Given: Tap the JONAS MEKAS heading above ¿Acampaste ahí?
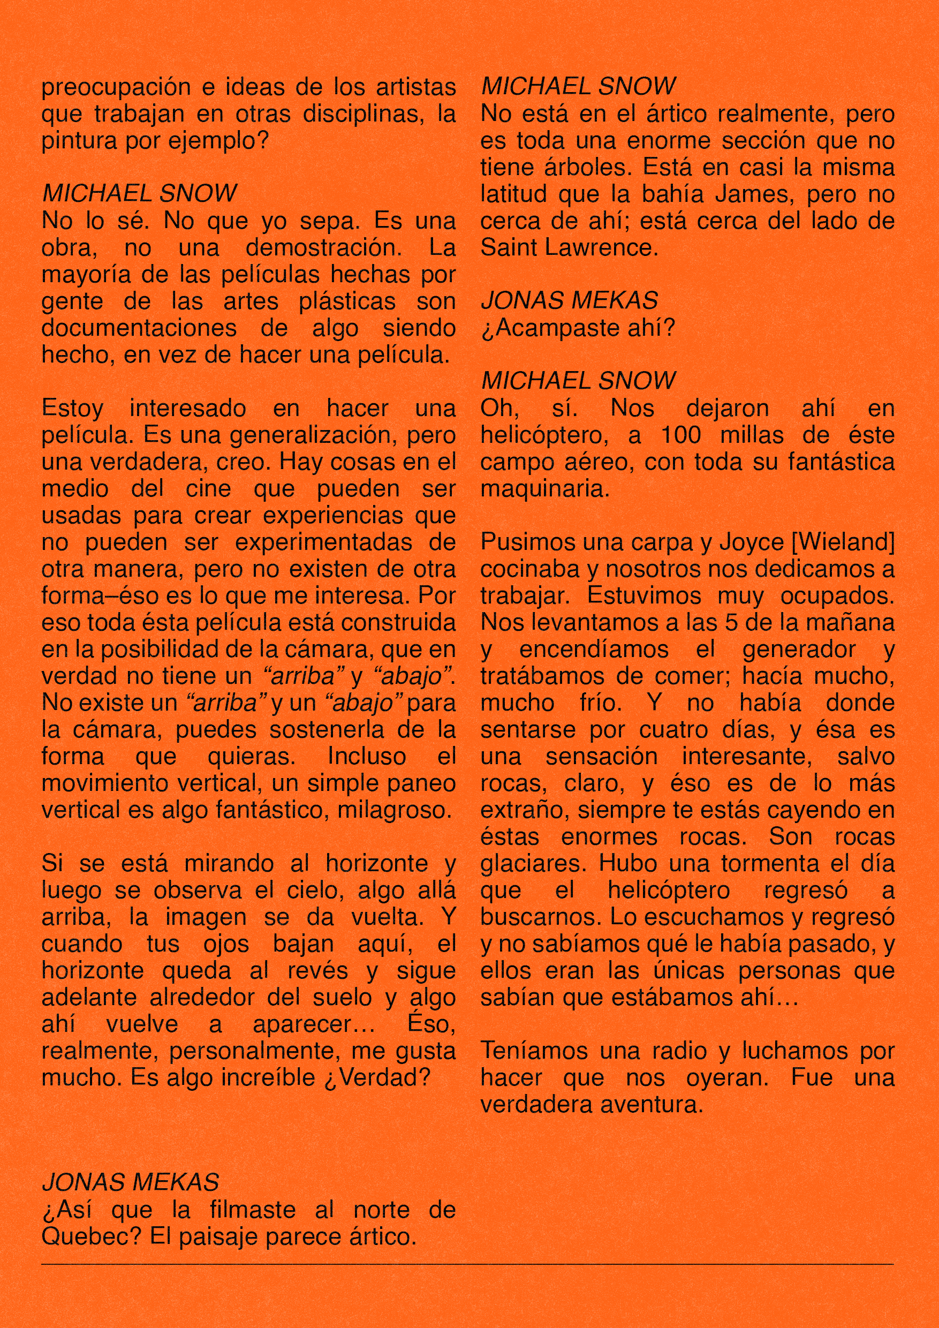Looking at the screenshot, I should (x=569, y=301).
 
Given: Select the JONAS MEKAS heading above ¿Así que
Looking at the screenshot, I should (x=131, y=1183).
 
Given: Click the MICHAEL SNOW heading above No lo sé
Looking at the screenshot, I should (x=139, y=194).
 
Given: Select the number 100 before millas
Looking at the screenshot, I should (x=680, y=435).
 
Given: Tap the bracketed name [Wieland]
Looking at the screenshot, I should (x=843, y=542).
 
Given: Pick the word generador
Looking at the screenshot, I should (x=799, y=650).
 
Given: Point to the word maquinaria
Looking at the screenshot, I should (x=544, y=489).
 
